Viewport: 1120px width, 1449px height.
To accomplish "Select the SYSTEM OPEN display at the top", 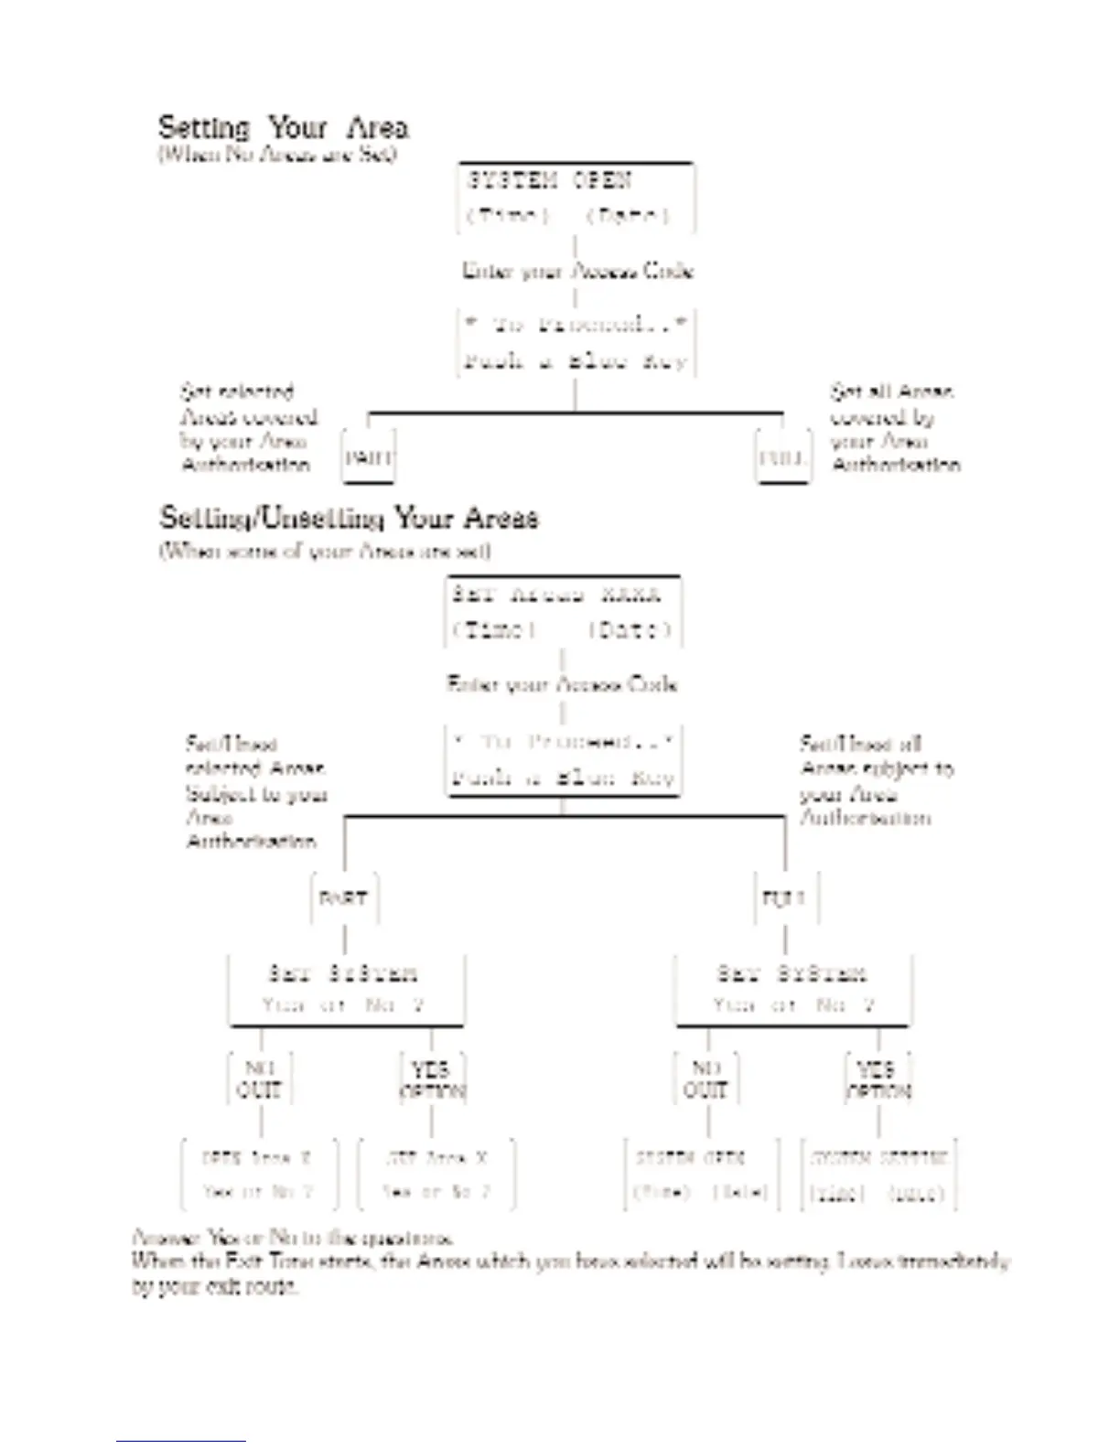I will pos(576,198).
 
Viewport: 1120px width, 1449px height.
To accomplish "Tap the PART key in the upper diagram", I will pos(369,456).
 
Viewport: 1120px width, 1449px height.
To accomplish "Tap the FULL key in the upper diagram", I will pos(783,456).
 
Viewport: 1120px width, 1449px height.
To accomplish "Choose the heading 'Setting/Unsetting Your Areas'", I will pos(349,518).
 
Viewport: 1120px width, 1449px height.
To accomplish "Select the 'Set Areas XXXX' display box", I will pos(563,611).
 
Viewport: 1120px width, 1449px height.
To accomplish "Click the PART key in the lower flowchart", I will pos(344,897).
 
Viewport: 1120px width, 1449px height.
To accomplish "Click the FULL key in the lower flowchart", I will pos(785,897).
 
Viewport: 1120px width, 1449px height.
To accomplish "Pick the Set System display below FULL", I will pos(792,989).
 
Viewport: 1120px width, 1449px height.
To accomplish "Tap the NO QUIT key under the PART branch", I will pos(260,1079).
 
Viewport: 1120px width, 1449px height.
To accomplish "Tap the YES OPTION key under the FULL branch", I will pos(878,1079).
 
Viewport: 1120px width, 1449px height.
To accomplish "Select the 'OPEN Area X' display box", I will pos(259,1175).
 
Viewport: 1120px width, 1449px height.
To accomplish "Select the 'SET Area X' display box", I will pos(436,1175).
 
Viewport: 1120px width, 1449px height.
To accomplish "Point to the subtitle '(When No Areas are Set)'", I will pos(277,154).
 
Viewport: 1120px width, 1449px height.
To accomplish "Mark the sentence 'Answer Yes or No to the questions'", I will pos(293,1238).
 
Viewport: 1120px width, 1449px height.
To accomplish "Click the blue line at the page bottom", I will pos(180,1442).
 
